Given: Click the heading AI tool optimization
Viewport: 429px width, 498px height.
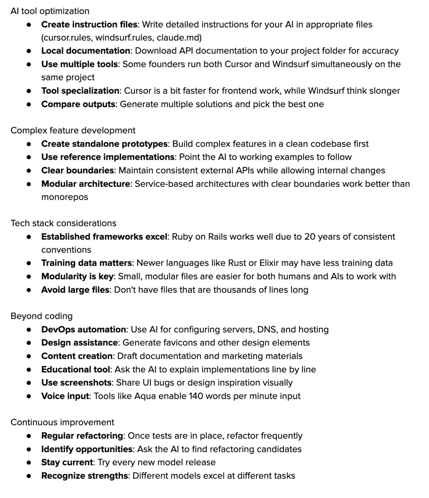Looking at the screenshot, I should pyautogui.click(x=50, y=11).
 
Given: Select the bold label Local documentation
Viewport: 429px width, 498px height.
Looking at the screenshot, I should pyautogui.click(x=85, y=51).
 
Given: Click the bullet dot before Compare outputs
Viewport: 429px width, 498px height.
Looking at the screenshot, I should pyautogui.click(x=29, y=104).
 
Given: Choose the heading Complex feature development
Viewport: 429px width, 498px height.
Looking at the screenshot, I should pyautogui.click(x=73, y=130).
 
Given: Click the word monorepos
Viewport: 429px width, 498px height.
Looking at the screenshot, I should pyautogui.click(x=65, y=197).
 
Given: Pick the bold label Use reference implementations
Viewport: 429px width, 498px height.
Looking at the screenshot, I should pyautogui.click(x=108, y=157).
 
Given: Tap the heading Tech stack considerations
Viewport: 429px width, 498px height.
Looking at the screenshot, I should pyautogui.click(x=63, y=223).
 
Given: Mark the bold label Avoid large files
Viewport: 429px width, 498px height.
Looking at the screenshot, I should pyautogui.click(x=75, y=290).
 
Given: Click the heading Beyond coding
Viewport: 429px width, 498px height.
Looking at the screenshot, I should pyautogui.click(x=41, y=316).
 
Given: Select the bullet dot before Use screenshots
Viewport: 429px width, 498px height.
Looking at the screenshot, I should pyautogui.click(x=29, y=383).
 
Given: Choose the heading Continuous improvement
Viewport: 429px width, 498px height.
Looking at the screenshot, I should pyautogui.click(x=62, y=422).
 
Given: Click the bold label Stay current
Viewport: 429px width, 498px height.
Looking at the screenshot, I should pyautogui.click(x=67, y=462).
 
